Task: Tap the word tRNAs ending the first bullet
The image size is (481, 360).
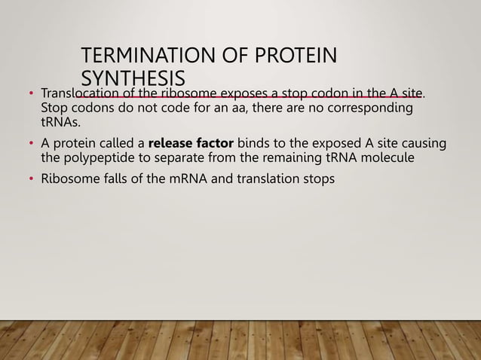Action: [56, 123]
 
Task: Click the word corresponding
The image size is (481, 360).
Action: [370, 108]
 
